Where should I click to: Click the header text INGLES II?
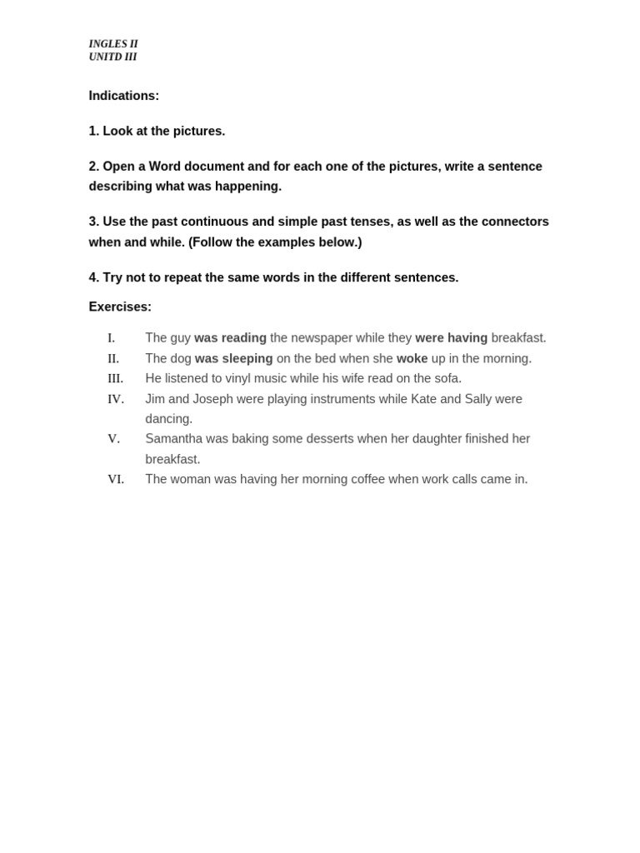click(113, 44)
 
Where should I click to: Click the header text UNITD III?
click(112, 57)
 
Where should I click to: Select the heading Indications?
click(123, 96)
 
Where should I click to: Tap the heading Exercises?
click(120, 307)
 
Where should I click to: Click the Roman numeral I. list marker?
click(111, 338)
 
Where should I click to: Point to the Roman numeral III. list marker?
click(115, 378)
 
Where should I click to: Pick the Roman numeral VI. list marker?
click(115, 479)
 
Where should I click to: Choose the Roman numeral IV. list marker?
click(115, 399)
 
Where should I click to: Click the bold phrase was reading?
click(230, 338)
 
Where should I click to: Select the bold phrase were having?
click(451, 338)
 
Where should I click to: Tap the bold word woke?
click(412, 358)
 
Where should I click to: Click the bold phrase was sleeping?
click(233, 358)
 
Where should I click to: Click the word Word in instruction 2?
click(165, 167)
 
